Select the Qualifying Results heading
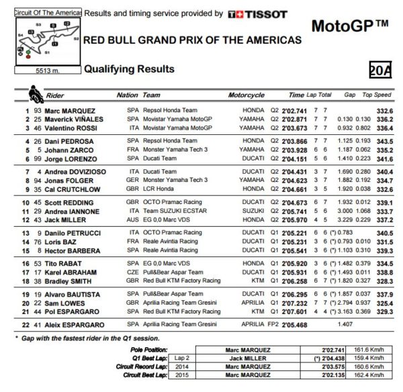coord(129,69)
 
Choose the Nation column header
coord(128,95)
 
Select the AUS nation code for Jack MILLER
coord(133,220)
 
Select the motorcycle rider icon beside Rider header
coord(34,93)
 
